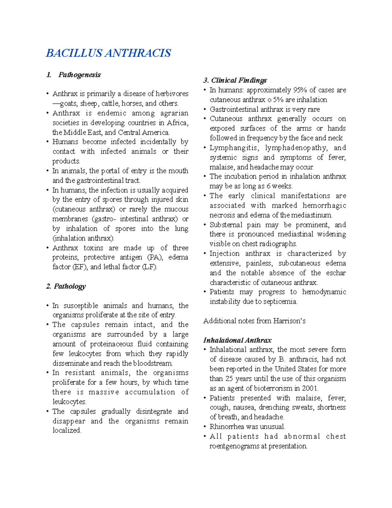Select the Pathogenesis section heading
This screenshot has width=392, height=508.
[x=79, y=75]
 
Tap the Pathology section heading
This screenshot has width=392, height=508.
[x=70, y=286]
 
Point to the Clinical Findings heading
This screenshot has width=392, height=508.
[x=239, y=80]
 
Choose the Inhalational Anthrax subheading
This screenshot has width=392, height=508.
[x=237, y=340]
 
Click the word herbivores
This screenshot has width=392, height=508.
[x=172, y=94]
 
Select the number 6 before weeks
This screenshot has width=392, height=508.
[x=268, y=186]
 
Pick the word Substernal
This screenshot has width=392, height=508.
[x=226, y=225]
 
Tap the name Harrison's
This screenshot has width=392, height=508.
[x=291, y=321]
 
